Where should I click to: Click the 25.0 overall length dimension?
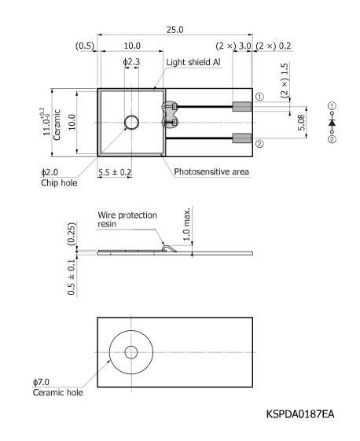click(174, 29)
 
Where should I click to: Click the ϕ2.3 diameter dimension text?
click(131, 61)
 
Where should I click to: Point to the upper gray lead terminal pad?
click(242, 105)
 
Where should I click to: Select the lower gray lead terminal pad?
click(242, 139)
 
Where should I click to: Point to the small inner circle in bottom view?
click(130, 351)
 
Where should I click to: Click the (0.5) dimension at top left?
click(84, 46)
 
